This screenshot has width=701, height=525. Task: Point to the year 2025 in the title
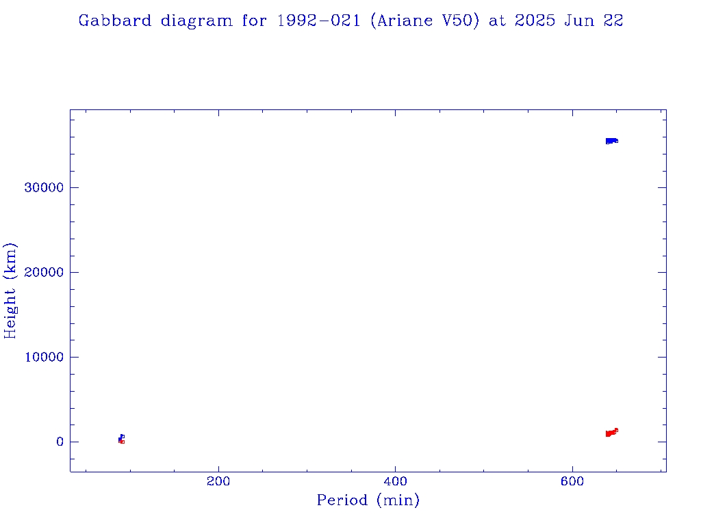534,21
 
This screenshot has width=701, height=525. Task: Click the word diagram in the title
196,21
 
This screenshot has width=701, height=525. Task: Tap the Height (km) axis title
10,290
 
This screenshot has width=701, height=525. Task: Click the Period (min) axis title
368,500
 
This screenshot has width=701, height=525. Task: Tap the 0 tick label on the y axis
60,442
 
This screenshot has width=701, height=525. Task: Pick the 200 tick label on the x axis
218,481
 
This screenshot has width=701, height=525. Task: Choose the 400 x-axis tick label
396,481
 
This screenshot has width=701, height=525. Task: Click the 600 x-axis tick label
573,481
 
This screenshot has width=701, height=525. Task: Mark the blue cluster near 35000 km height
611,141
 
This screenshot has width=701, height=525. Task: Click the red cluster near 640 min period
611,433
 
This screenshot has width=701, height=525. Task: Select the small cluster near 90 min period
121,439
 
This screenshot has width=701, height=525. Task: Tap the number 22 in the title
613,21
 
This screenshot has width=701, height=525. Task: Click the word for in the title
255,21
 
